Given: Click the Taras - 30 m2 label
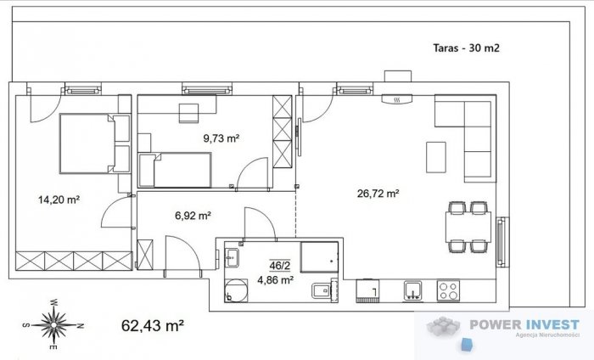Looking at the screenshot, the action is pyautogui.click(x=466, y=48).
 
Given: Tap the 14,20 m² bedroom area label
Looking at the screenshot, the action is pyautogui.click(x=59, y=200).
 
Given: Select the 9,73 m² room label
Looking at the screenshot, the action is pyautogui.click(x=221, y=138).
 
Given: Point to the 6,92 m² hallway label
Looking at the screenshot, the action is pyautogui.click(x=193, y=216).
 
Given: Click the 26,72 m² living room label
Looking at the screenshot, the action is pyautogui.click(x=378, y=194).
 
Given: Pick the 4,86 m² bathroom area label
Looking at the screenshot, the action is pyautogui.click(x=276, y=280).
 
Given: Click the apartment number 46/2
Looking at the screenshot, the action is pyautogui.click(x=279, y=266).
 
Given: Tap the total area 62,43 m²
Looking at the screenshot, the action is pyautogui.click(x=153, y=325).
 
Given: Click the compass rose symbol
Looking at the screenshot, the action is pyautogui.click(x=53, y=324).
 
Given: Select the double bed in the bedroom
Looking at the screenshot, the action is pyautogui.click(x=95, y=143).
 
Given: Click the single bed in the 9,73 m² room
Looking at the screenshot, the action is pyautogui.click(x=175, y=170).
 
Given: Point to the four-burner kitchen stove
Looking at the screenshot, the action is pyautogui.click(x=448, y=290).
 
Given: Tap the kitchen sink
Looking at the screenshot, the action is pyautogui.click(x=412, y=290).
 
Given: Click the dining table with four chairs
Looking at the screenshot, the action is pyautogui.click(x=468, y=227).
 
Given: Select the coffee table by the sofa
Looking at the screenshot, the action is pyautogui.click(x=436, y=157).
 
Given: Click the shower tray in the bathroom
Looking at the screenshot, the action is pyautogui.click(x=319, y=257).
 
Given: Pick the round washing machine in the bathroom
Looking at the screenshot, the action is pyautogui.click(x=236, y=290).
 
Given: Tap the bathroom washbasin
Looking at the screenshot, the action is pyautogui.click(x=232, y=258).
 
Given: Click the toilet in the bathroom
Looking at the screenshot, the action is pyautogui.click(x=322, y=290).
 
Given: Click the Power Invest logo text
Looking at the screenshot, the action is pyautogui.click(x=524, y=324).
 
